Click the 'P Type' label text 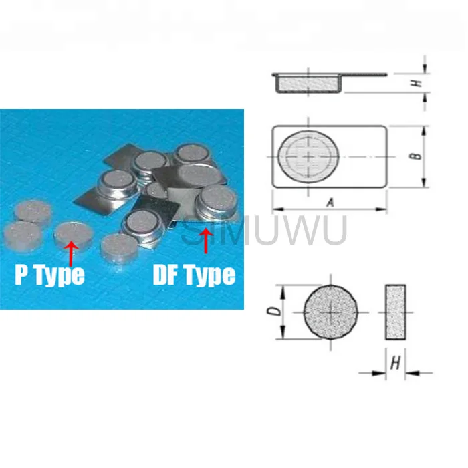50,275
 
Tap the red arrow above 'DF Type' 206,240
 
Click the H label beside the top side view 415,83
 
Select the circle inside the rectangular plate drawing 307,156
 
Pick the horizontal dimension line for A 330,210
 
